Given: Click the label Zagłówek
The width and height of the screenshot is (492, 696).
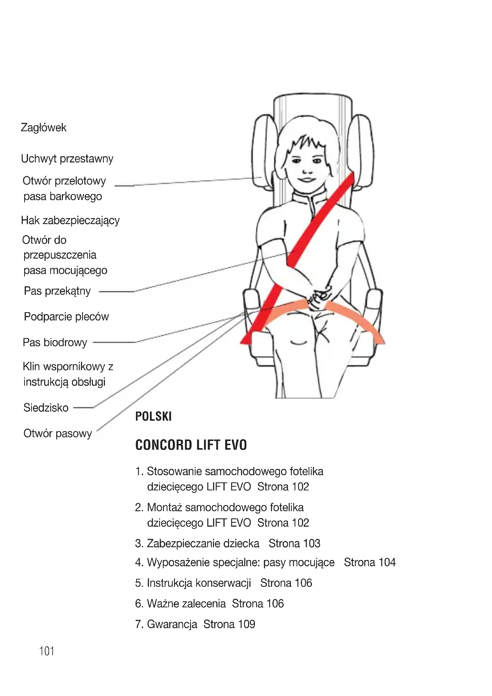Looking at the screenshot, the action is point(44,128).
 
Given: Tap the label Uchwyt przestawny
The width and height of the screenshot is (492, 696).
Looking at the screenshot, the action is point(67,159).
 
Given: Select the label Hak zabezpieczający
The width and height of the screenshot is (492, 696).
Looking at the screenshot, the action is point(70,220).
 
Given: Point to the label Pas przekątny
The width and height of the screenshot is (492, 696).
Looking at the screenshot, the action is point(57,291).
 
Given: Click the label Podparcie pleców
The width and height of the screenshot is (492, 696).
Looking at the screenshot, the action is point(66,317).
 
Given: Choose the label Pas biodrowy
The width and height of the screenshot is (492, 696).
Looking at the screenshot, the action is point(55,342).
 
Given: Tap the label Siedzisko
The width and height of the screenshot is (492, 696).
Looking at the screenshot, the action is point(46,408).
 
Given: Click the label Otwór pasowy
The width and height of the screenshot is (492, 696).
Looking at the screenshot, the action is point(58,434).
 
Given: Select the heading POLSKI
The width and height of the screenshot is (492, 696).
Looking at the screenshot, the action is point(153,417).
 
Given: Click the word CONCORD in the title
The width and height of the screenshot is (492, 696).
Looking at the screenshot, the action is point(164,445).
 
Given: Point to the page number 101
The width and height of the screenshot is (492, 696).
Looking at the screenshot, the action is point(47,651).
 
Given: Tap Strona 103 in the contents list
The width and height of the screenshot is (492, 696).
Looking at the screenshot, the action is point(294,544).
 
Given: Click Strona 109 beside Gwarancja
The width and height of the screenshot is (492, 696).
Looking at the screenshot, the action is point(229,624).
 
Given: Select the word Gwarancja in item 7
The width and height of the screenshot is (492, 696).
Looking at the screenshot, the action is point(172,624).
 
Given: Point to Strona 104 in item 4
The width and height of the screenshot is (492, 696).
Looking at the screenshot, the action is point(370,562).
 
